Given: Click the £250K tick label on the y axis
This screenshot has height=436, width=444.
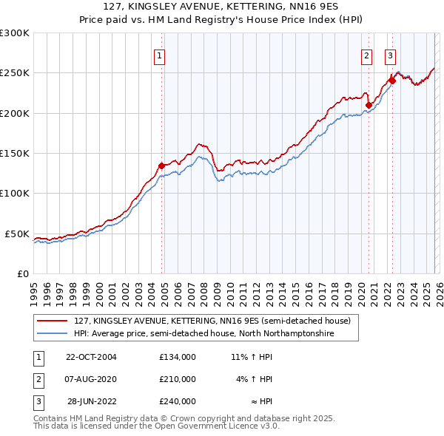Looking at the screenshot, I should pyautogui.click(x=15, y=73).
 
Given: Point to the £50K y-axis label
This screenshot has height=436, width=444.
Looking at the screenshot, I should pyautogui.click(x=17, y=234).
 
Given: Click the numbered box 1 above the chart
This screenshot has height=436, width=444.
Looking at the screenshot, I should pyautogui.click(x=159, y=54).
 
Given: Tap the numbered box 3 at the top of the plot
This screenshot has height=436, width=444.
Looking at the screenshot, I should pyautogui.click(x=390, y=54).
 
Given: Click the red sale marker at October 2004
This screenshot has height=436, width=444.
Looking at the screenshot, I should pyautogui.click(x=161, y=166).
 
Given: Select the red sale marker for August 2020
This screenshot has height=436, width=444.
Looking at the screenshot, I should pyautogui.click(x=368, y=105).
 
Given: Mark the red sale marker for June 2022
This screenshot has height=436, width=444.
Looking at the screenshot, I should pyautogui.click(x=392, y=81).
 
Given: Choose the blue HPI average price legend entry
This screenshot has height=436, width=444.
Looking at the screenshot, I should pyautogui.click(x=204, y=334).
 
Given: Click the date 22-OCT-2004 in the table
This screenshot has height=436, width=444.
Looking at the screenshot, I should pyautogui.click(x=91, y=357).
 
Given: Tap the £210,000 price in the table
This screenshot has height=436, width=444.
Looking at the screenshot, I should pyautogui.click(x=177, y=379).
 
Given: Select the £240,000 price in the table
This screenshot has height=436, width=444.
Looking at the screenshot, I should pyautogui.click(x=177, y=401).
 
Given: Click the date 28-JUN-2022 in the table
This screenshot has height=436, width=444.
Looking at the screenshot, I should pyautogui.click(x=91, y=401).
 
